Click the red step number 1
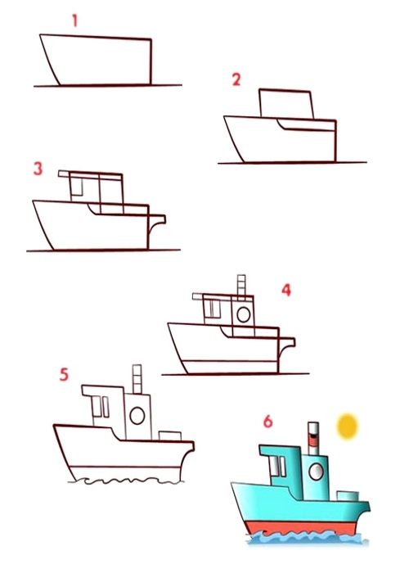pos(75,20)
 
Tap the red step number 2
pos(236,79)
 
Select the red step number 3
pos(38,169)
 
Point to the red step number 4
pos(286,290)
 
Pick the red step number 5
pos(64,375)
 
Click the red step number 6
pos(268,422)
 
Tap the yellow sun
pos(347,426)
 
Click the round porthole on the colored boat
pos(316,471)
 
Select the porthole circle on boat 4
pos(244,314)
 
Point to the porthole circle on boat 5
pos(137,416)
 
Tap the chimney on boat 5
pos(137,379)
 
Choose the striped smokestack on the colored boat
pos(313,439)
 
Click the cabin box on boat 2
pos(286,104)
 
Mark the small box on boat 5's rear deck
pos(170,436)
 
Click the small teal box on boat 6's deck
pos(348,496)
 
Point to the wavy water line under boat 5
pos(124,481)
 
